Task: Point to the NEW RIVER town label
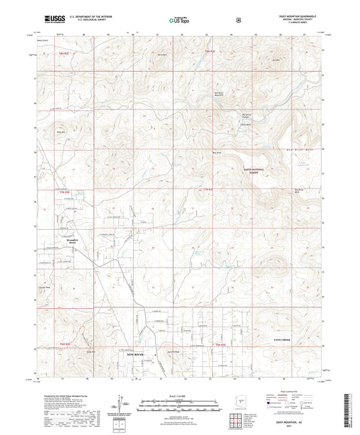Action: point(136,353)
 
